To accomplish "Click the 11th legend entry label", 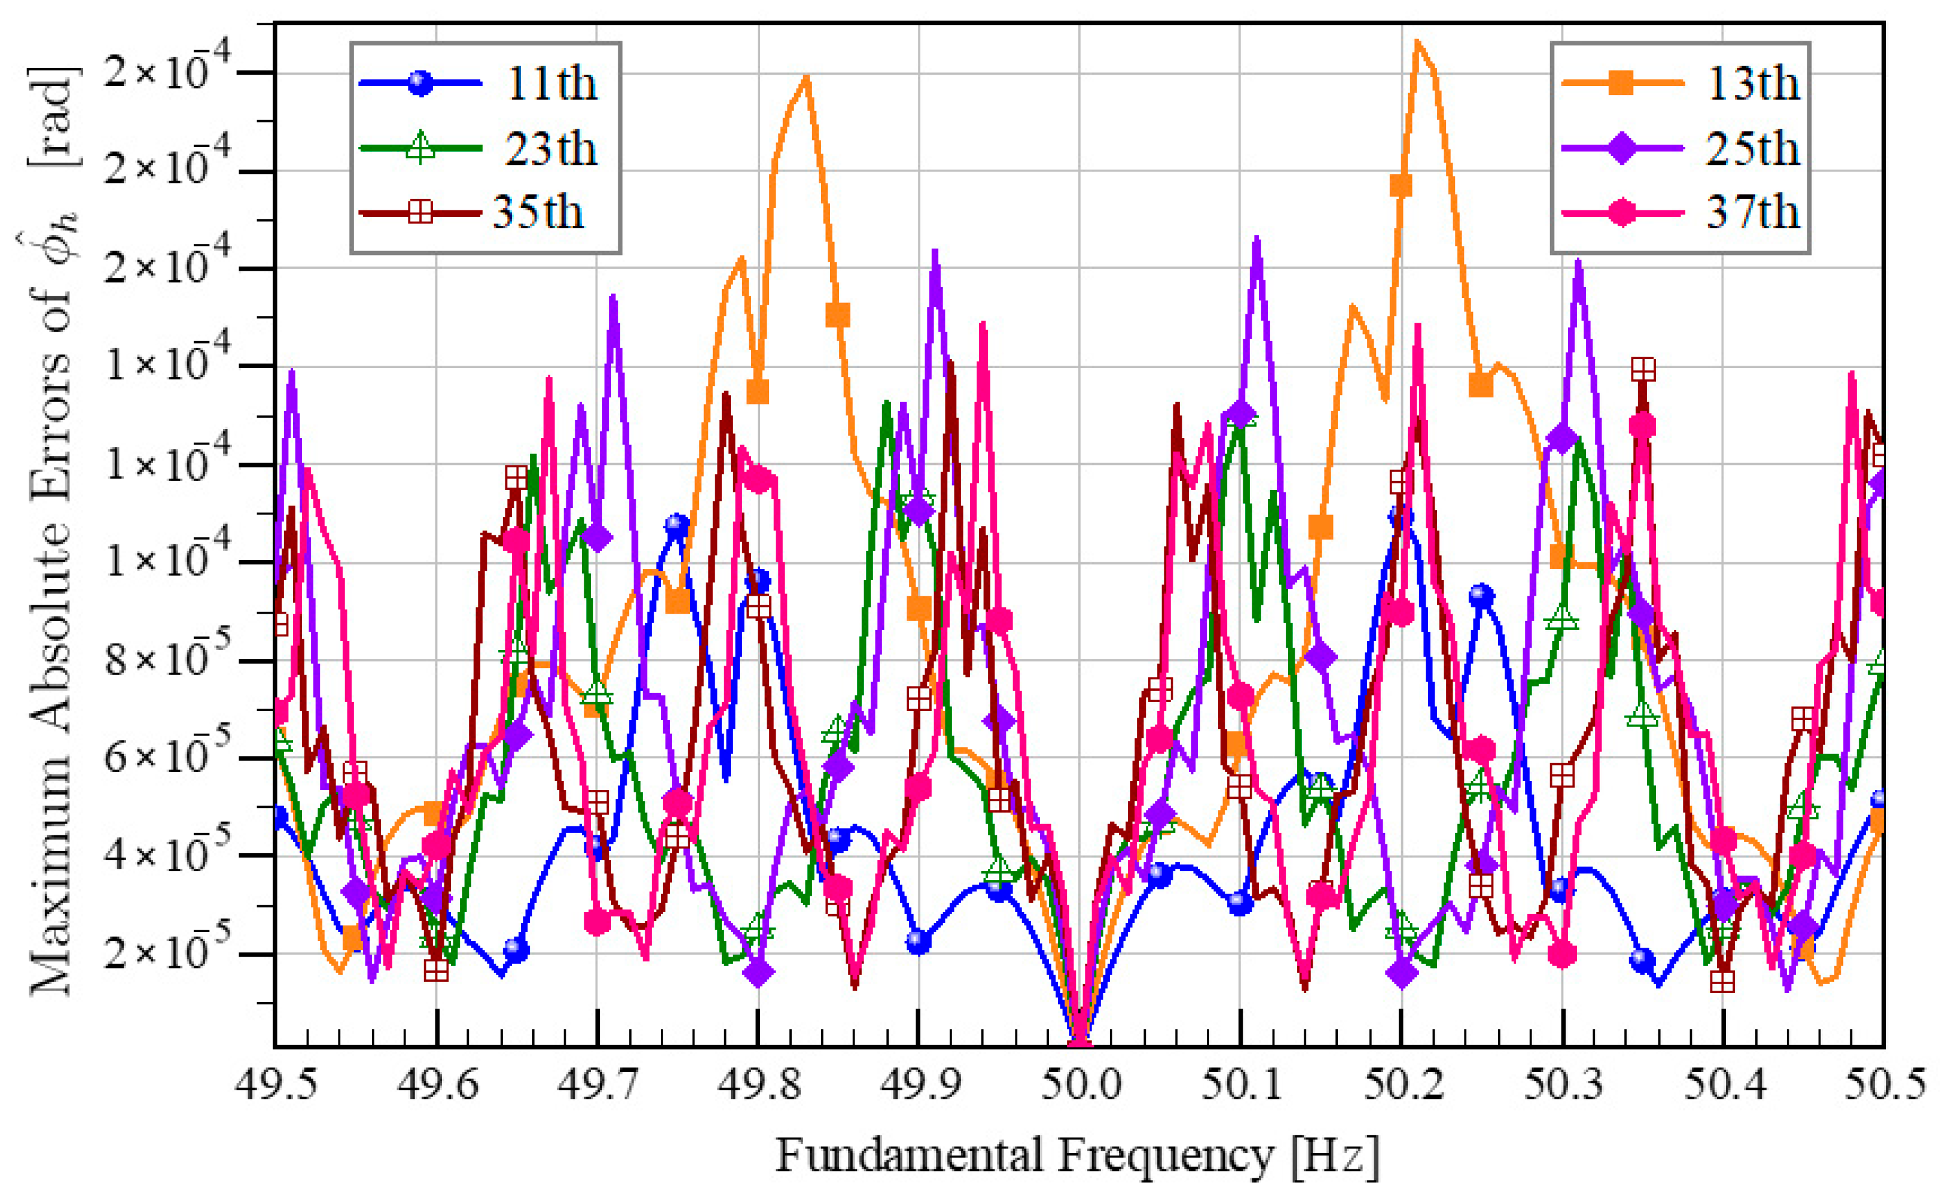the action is [x=551, y=84].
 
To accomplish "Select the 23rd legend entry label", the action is [x=551, y=149].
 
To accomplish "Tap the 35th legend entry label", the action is [x=539, y=213].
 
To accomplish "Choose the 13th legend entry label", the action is [x=1753, y=84].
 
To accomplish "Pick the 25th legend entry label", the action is [x=1753, y=149].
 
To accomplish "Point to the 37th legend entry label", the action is [x=1753, y=213].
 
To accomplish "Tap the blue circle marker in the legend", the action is [x=420, y=83].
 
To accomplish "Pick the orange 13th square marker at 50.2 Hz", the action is [x=1401, y=186].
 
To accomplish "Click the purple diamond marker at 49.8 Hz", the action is [x=758, y=972].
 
